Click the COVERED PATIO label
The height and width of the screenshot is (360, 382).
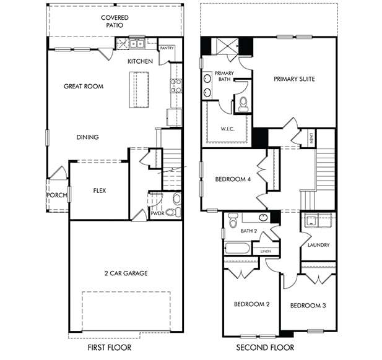click(115, 22)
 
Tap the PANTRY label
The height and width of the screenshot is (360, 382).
click(167, 48)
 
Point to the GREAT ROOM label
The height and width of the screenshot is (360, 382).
click(83, 86)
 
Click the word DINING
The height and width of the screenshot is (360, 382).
click(88, 137)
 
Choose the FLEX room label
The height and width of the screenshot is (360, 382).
click(99, 191)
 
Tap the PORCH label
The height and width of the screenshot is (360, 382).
click(56, 195)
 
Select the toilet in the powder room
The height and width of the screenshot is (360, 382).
click(176, 199)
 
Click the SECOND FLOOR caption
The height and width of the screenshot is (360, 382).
click(265, 348)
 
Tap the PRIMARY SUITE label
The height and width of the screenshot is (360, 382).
click(295, 79)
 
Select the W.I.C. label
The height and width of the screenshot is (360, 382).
click(227, 129)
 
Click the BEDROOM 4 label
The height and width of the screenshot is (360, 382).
click(233, 179)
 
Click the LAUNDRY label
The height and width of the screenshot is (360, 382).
click(318, 245)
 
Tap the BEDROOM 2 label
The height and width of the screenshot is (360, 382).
click(251, 304)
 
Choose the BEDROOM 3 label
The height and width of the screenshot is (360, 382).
click(308, 306)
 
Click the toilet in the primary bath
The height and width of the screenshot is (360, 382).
click(243, 103)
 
